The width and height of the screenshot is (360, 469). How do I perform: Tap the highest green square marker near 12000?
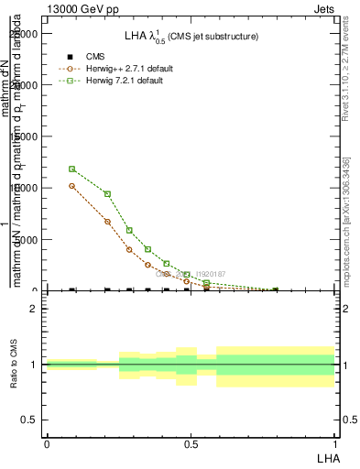pyautogui.click(x=72, y=169)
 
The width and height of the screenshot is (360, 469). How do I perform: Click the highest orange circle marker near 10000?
pyautogui.click(x=72, y=186)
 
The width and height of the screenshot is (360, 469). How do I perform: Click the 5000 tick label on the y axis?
pyautogui.click(x=28, y=240)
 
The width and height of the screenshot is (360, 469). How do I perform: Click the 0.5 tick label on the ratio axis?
pyautogui.click(x=28, y=420)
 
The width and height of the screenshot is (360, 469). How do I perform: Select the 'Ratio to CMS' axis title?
pyautogui.click(x=14, y=365)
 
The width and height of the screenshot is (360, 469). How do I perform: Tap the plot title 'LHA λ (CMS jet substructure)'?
pyautogui.click(x=191, y=36)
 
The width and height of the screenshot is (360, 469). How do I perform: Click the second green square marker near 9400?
pyautogui.click(x=107, y=193)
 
